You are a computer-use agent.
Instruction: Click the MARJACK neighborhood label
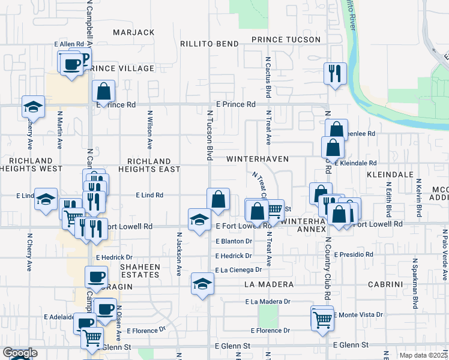[x=133, y=32]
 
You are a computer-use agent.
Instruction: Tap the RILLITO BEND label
[x=210, y=44]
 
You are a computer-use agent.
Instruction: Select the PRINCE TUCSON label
[x=286, y=40]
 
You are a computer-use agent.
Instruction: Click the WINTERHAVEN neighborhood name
[x=258, y=159]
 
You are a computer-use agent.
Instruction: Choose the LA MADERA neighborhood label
[x=268, y=284]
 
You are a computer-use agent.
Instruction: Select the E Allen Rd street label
[x=68, y=44]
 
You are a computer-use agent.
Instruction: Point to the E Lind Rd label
[x=149, y=195]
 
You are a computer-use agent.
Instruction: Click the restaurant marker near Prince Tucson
[x=334, y=74]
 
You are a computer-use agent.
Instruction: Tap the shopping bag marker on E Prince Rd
[x=104, y=91]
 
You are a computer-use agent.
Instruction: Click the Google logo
[x=20, y=353]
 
